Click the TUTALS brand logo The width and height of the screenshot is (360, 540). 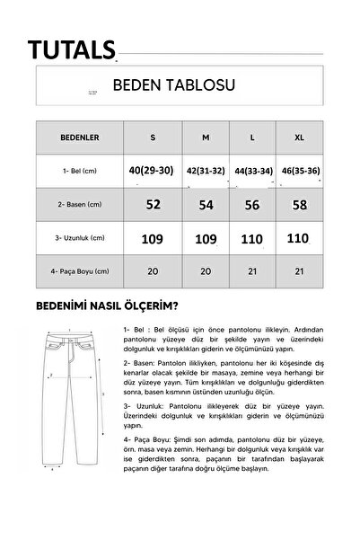point(71,48)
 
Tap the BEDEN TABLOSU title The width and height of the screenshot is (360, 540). point(173,86)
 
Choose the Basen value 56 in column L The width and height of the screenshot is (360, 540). point(252,206)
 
